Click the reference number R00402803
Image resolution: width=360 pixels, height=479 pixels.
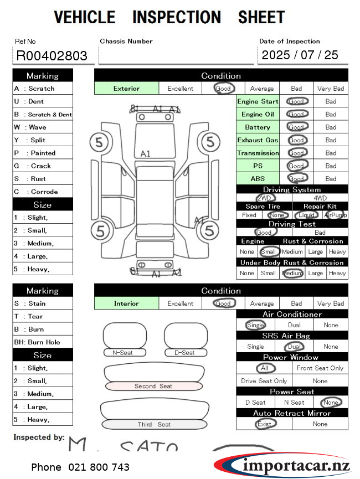click(x=52, y=55)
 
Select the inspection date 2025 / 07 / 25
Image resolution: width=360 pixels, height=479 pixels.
click(x=300, y=55)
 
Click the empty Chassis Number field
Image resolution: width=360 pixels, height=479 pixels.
click(x=176, y=55)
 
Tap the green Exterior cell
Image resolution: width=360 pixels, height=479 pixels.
click(x=127, y=89)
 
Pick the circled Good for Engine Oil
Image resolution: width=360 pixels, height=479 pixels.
click(x=296, y=115)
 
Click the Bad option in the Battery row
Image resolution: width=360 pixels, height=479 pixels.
click(x=331, y=127)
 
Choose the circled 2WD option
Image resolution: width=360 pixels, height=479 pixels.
click(x=265, y=198)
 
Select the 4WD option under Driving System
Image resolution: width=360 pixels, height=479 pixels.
click(x=320, y=198)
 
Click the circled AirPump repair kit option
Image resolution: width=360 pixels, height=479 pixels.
click(x=336, y=215)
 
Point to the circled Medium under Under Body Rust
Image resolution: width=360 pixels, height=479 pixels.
click(x=292, y=273)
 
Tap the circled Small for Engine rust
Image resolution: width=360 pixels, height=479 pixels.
click(x=268, y=251)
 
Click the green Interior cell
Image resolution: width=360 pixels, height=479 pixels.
click(x=127, y=303)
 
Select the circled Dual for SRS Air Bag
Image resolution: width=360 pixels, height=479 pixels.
click(x=294, y=347)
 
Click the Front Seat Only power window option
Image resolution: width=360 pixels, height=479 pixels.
click(x=320, y=368)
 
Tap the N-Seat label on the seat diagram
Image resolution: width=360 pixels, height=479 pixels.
click(x=125, y=353)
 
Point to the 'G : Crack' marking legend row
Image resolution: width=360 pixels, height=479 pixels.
click(x=43, y=166)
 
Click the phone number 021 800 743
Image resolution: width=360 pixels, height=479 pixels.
click(x=80, y=467)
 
